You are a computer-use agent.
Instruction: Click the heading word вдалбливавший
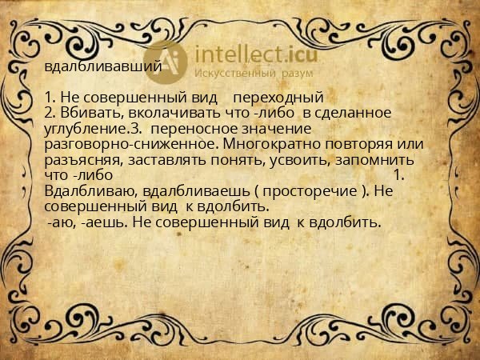point(104,67)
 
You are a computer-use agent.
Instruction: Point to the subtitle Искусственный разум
point(255,73)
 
